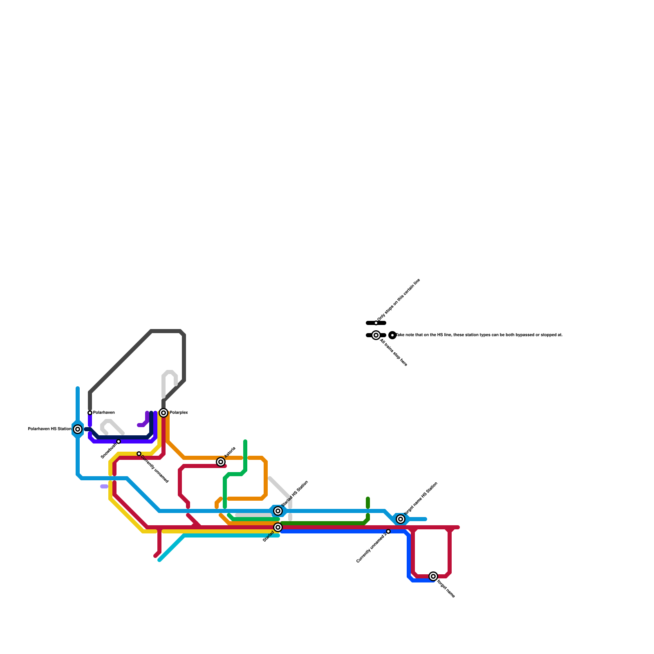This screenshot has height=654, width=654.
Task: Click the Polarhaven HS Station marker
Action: click(x=78, y=429)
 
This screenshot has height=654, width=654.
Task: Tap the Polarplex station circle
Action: click(x=163, y=413)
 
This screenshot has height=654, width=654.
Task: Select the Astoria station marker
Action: click(x=221, y=462)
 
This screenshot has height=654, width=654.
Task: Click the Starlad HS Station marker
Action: click(x=278, y=511)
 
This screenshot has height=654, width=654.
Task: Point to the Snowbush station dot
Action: click(x=119, y=441)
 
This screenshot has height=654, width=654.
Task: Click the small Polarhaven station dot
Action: click(x=90, y=413)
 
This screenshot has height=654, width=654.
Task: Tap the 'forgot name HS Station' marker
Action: click(x=401, y=519)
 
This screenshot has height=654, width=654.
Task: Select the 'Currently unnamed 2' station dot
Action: click(x=388, y=531)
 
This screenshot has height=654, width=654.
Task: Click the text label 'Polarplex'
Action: click(x=179, y=413)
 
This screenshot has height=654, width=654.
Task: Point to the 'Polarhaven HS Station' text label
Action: click(x=49, y=429)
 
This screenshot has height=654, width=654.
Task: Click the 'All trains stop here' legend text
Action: click(x=394, y=352)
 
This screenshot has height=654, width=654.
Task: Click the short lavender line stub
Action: click(x=104, y=486)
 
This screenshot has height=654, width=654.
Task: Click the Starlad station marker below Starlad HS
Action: click(x=278, y=527)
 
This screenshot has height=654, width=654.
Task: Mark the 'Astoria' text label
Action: click(x=230, y=452)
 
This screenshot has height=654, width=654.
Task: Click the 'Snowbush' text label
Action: click(x=109, y=451)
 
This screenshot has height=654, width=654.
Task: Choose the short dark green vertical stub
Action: click(x=368, y=504)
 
